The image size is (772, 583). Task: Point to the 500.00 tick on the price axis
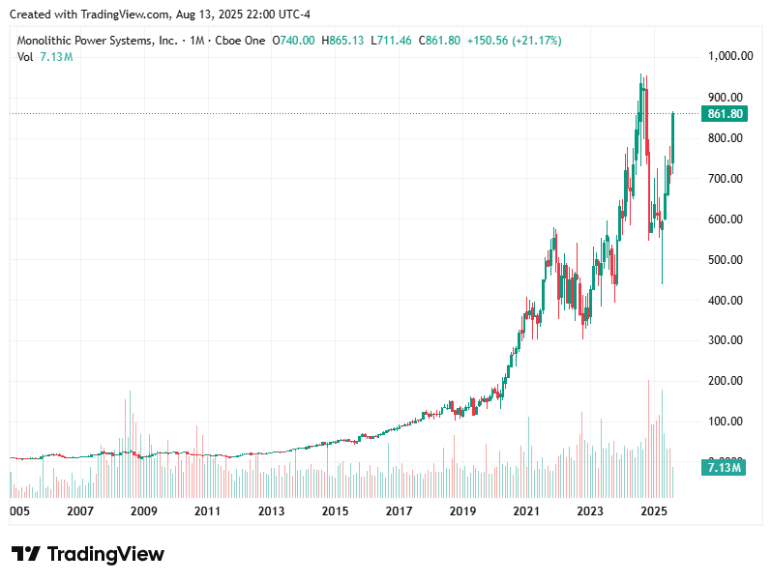(724, 260)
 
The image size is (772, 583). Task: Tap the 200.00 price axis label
(724, 381)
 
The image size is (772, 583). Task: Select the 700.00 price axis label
(724, 179)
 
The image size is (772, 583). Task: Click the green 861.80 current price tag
(725, 114)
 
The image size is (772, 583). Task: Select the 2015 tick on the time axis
(335, 510)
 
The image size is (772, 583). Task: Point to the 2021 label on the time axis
(526, 510)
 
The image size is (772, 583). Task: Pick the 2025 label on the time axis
(655, 510)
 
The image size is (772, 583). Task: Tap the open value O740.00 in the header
(294, 41)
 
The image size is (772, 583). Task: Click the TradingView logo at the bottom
(88, 554)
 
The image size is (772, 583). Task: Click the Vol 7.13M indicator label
(45, 57)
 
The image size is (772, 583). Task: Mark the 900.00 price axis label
(724, 98)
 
